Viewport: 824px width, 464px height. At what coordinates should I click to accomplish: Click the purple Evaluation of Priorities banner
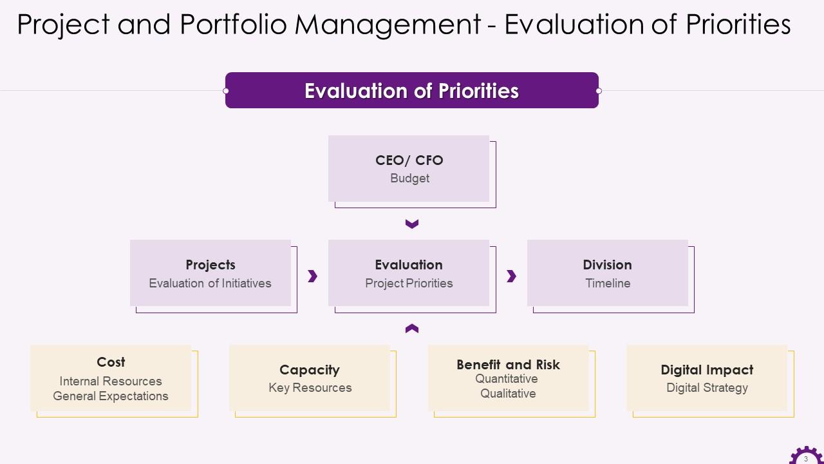click(x=411, y=91)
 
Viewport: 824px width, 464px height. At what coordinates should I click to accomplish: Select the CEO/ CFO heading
click(x=409, y=160)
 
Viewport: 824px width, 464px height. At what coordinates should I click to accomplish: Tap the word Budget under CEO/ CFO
click(x=409, y=179)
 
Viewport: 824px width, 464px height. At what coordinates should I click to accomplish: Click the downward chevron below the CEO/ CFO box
click(x=412, y=224)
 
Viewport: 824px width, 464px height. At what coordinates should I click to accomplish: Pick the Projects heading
click(x=211, y=265)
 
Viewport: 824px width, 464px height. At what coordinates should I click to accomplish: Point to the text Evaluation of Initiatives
click(x=210, y=284)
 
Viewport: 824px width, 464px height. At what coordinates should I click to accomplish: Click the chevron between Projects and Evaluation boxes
click(x=313, y=276)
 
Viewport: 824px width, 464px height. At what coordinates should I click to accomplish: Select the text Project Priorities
click(x=409, y=284)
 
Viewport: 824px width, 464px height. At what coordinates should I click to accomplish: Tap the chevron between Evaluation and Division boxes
click(x=512, y=276)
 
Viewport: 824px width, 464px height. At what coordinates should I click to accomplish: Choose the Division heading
click(x=607, y=265)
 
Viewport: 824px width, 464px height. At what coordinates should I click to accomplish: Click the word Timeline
click(x=608, y=284)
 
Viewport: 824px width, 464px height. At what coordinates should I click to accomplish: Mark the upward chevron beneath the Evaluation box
click(x=412, y=329)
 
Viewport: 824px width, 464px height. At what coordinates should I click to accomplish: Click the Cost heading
click(x=111, y=362)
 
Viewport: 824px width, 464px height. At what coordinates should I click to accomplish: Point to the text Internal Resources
click(x=111, y=382)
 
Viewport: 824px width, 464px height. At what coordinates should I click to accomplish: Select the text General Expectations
click(x=111, y=396)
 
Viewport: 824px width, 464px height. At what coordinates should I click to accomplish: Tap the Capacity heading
click(x=310, y=370)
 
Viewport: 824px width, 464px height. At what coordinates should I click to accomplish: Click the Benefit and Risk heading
click(x=508, y=365)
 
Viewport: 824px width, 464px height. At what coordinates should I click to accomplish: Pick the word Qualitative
click(x=508, y=394)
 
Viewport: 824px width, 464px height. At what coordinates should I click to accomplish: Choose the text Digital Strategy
click(x=707, y=388)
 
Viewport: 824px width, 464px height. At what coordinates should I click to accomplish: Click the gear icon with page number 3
click(x=805, y=456)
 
